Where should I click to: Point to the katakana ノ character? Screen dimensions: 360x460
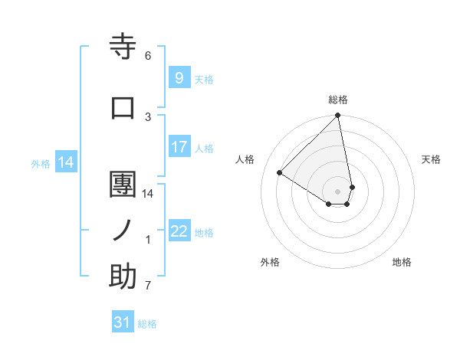click(123, 230)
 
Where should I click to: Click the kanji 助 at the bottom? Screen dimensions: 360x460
click(123, 277)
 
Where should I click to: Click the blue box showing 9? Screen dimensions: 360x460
click(179, 77)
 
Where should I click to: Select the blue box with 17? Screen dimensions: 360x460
click(179, 147)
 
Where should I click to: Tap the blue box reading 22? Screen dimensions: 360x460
click(179, 231)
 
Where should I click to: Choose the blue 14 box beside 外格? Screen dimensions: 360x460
click(66, 162)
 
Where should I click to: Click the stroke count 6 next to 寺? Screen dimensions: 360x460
click(148, 56)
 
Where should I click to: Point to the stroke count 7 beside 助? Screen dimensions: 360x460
click(148, 286)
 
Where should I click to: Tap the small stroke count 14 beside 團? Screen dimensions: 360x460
click(148, 194)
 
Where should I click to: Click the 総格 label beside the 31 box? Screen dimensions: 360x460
click(147, 324)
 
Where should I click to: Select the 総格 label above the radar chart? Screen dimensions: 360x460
click(338, 100)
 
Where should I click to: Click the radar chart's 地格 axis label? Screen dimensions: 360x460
click(402, 262)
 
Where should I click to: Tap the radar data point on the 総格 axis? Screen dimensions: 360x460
click(338, 116)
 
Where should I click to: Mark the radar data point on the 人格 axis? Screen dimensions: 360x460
click(280, 172)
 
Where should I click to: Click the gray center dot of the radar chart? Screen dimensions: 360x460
click(338, 191)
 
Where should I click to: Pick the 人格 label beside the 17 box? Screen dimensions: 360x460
click(204, 148)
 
